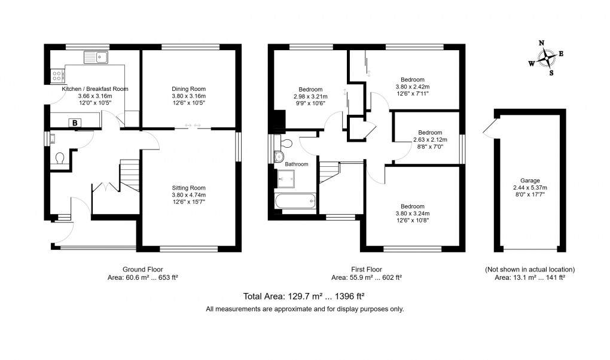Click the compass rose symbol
pos(546,58)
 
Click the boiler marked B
pos(75,123)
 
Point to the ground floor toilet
pos(60,159)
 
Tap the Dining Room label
pos(188,89)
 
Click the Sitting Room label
pos(188,188)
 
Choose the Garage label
pos(529,181)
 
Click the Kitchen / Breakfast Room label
pos(94,89)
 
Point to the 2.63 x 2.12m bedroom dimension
pos(429,140)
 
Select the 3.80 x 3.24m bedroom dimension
pos(412,213)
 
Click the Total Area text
pos(304,296)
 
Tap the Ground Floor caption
pos(142,269)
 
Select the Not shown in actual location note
pos(529,269)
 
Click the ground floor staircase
pos(130,175)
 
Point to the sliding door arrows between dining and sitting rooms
pos(193,125)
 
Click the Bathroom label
pos(296,164)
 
